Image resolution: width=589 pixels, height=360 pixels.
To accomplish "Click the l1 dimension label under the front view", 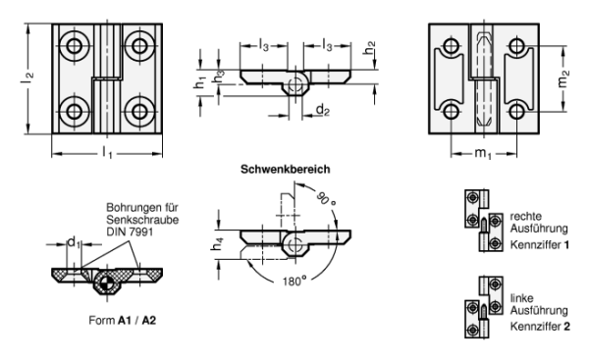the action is (x=107, y=153).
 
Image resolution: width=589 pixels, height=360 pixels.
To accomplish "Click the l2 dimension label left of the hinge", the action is (x=27, y=77).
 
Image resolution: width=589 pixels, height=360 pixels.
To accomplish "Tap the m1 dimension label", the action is (x=483, y=153).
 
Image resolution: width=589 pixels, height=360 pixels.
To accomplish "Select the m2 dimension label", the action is (x=563, y=78).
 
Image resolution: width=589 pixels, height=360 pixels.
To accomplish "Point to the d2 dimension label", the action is (x=323, y=110).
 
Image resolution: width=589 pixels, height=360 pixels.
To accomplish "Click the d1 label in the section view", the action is (x=74, y=242).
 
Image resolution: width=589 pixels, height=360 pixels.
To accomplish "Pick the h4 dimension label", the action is (x=218, y=244).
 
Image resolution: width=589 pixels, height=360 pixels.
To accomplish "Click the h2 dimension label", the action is (x=370, y=47).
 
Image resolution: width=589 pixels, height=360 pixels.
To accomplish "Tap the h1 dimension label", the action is (x=200, y=81).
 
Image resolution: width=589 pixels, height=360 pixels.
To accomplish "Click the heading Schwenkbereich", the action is (x=286, y=170).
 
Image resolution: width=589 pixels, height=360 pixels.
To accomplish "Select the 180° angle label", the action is (x=294, y=281).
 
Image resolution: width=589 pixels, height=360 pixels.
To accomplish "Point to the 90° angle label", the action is (x=325, y=198).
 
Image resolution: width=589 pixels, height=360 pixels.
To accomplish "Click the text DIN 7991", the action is (x=130, y=231).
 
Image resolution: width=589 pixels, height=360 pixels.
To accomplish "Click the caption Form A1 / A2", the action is (x=122, y=320).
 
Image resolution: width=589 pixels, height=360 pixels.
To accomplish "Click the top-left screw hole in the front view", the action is (x=74, y=46).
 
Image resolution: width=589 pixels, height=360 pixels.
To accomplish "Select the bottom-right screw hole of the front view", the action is (x=139, y=112).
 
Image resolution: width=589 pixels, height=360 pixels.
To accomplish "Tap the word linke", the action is (x=521, y=298).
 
